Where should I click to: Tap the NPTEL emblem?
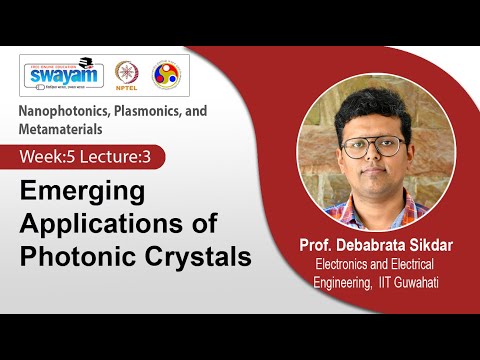pos(126,74)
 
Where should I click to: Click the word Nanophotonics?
pos(64,111)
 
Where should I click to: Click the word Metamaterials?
pos(61,128)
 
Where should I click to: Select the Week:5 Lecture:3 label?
pos(91,156)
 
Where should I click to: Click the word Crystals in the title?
pos(195,255)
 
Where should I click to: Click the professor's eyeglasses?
pos(372,146)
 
